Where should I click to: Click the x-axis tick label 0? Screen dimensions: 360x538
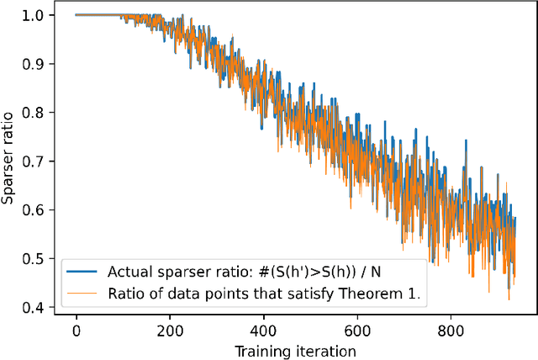pyautogui.click(x=76, y=331)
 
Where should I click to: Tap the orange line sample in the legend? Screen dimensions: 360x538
pyautogui.click(x=82, y=294)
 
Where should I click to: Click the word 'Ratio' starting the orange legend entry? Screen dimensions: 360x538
pyautogui.click(x=124, y=294)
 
